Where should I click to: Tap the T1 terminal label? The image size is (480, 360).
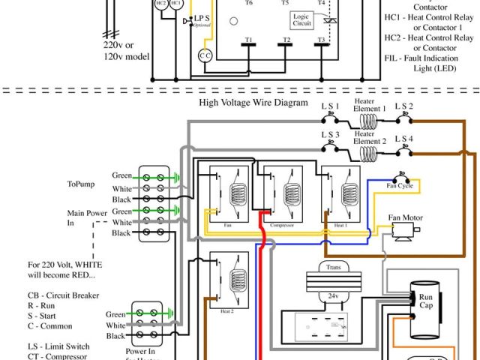247,39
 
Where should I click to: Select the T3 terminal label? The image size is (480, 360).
322,39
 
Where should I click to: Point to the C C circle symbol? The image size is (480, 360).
205,55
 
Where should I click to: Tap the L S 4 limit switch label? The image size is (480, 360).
404,139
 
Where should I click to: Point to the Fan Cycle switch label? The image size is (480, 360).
399,185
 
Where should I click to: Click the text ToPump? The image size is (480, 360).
81,184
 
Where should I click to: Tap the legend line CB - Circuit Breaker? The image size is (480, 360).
64,295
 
